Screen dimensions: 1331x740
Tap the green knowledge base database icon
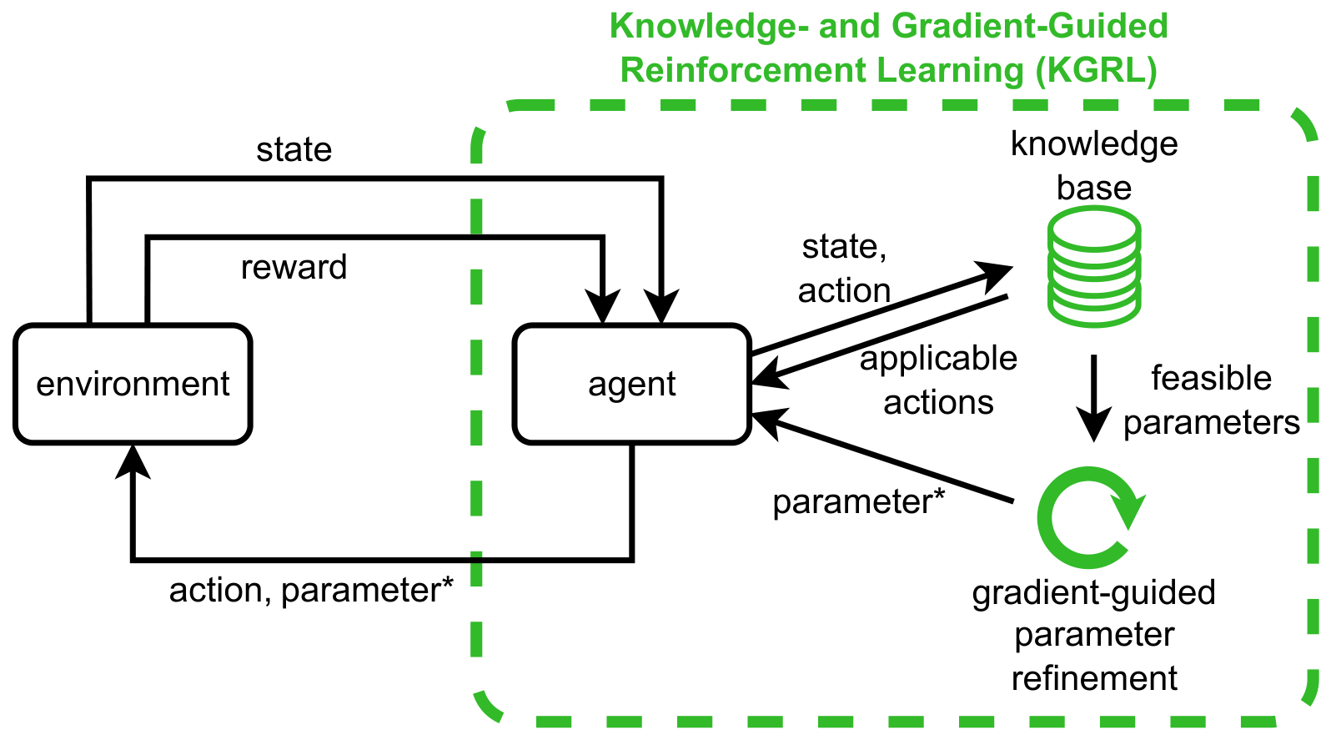coord(1094,266)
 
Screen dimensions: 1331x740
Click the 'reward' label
coord(294,268)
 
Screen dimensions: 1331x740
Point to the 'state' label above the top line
coord(294,149)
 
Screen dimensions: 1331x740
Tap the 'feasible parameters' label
coord(1211,400)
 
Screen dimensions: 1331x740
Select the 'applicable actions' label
coord(938,380)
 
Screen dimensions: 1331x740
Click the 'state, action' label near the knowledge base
coord(844,269)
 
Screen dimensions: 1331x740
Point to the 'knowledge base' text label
coord(1094,166)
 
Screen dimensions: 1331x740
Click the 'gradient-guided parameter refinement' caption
coord(1094,635)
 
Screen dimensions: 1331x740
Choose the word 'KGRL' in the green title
coord(1096,71)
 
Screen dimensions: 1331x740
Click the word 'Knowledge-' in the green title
coord(710,26)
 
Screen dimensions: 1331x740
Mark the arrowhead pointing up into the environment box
coord(133,461)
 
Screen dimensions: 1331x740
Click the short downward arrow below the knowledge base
coord(1094,398)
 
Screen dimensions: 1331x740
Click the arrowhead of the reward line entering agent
coord(602,307)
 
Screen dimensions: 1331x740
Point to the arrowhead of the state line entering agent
coord(660,307)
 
